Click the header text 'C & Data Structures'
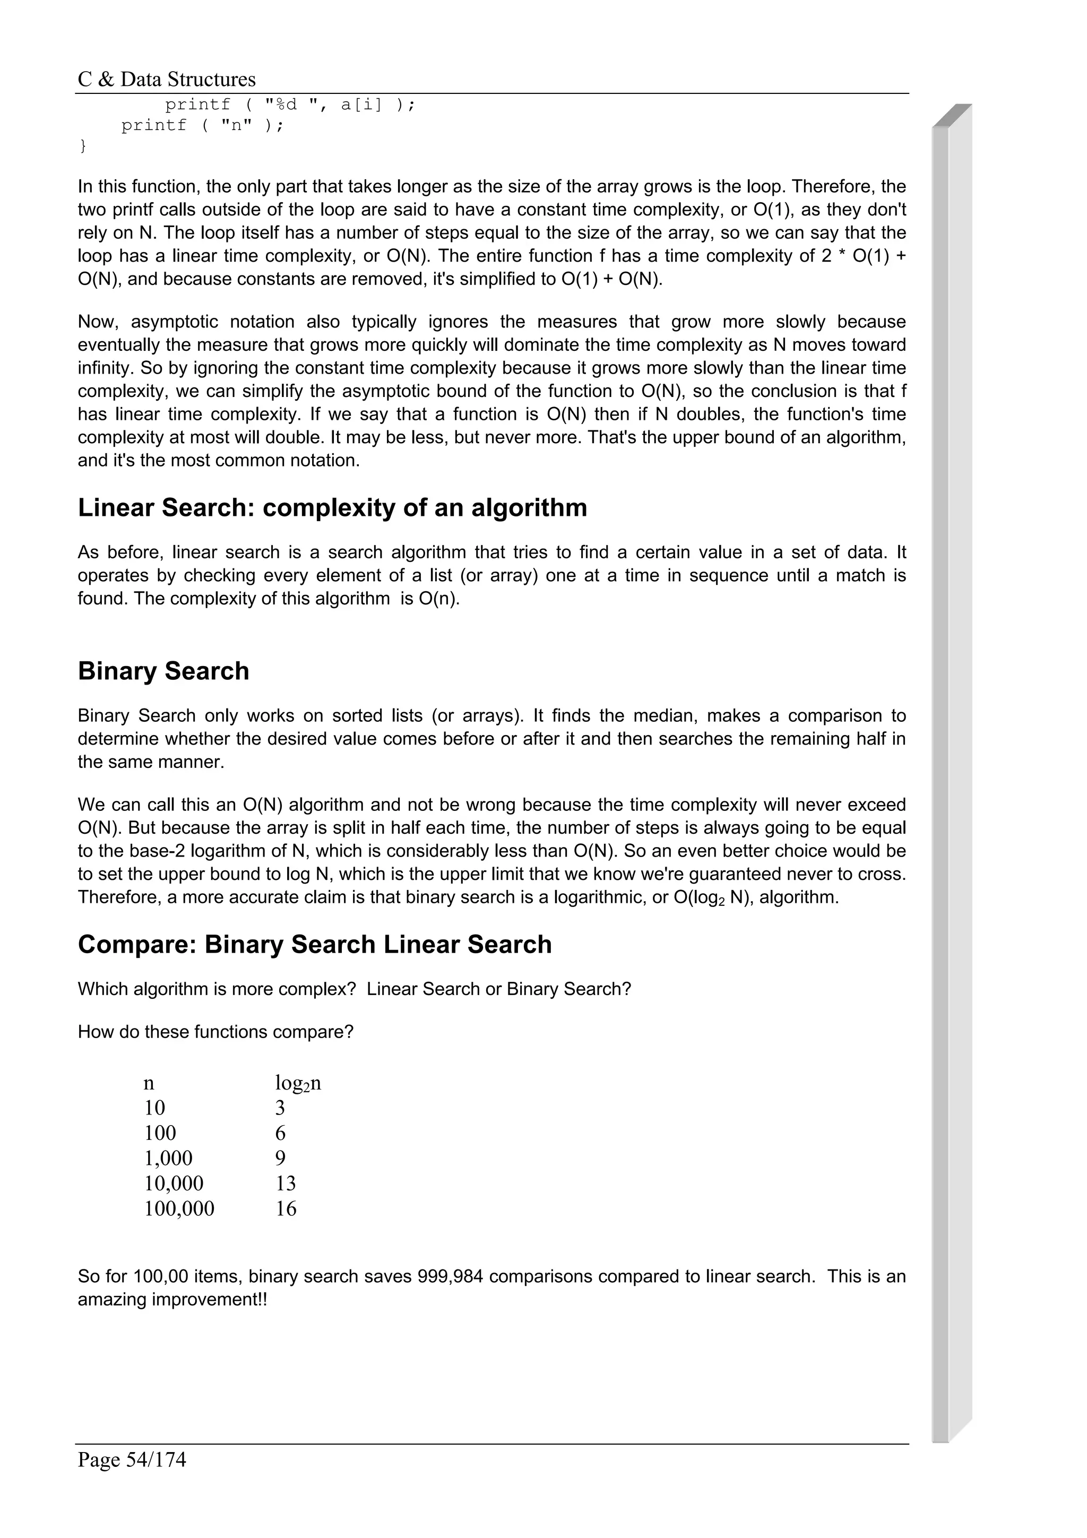coord(167,80)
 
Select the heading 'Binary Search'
coord(163,671)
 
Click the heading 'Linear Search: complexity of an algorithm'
coord(332,508)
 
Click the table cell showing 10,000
coord(174,1183)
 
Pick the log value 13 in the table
coord(286,1183)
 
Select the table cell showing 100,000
coord(179,1208)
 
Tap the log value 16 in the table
coord(286,1208)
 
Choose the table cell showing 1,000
coord(169,1158)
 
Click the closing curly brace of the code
coord(83,145)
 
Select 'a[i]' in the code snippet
coord(361,105)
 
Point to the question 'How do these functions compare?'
coord(215,1032)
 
